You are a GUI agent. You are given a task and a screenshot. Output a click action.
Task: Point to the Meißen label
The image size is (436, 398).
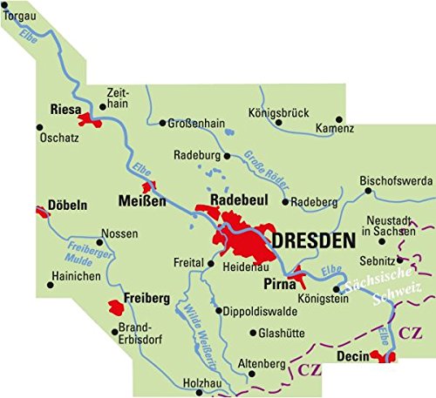pyautogui.click(x=141, y=202)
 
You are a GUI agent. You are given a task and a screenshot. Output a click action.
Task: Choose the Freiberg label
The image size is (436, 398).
pyautogui.click(x=145, y=299)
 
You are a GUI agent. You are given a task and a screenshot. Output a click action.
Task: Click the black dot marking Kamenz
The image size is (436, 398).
pyautogui.click(x=340, y=118)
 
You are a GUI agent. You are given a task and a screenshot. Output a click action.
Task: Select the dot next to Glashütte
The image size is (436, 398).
pyautogui.click(x=253, y=332)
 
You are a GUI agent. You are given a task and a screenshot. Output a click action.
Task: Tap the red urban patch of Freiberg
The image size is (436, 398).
pyautogui.click(x=116, y=306)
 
